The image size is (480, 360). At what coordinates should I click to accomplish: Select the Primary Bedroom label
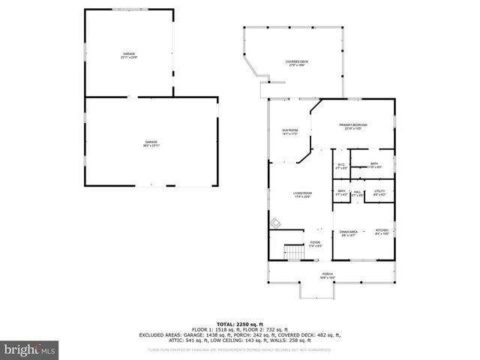click(355, 126)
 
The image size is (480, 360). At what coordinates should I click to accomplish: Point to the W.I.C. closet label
click(340, 166)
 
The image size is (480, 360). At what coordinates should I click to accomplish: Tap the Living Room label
click(302, 195)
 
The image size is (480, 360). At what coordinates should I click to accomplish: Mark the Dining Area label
click(349, 233)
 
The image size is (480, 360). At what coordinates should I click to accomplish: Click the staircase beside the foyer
click(292, 252)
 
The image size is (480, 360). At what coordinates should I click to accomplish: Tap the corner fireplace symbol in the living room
click(276, 223)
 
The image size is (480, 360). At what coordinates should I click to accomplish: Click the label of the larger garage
click(151, 143)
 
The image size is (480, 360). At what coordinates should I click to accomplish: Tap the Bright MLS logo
click(29, 349)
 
